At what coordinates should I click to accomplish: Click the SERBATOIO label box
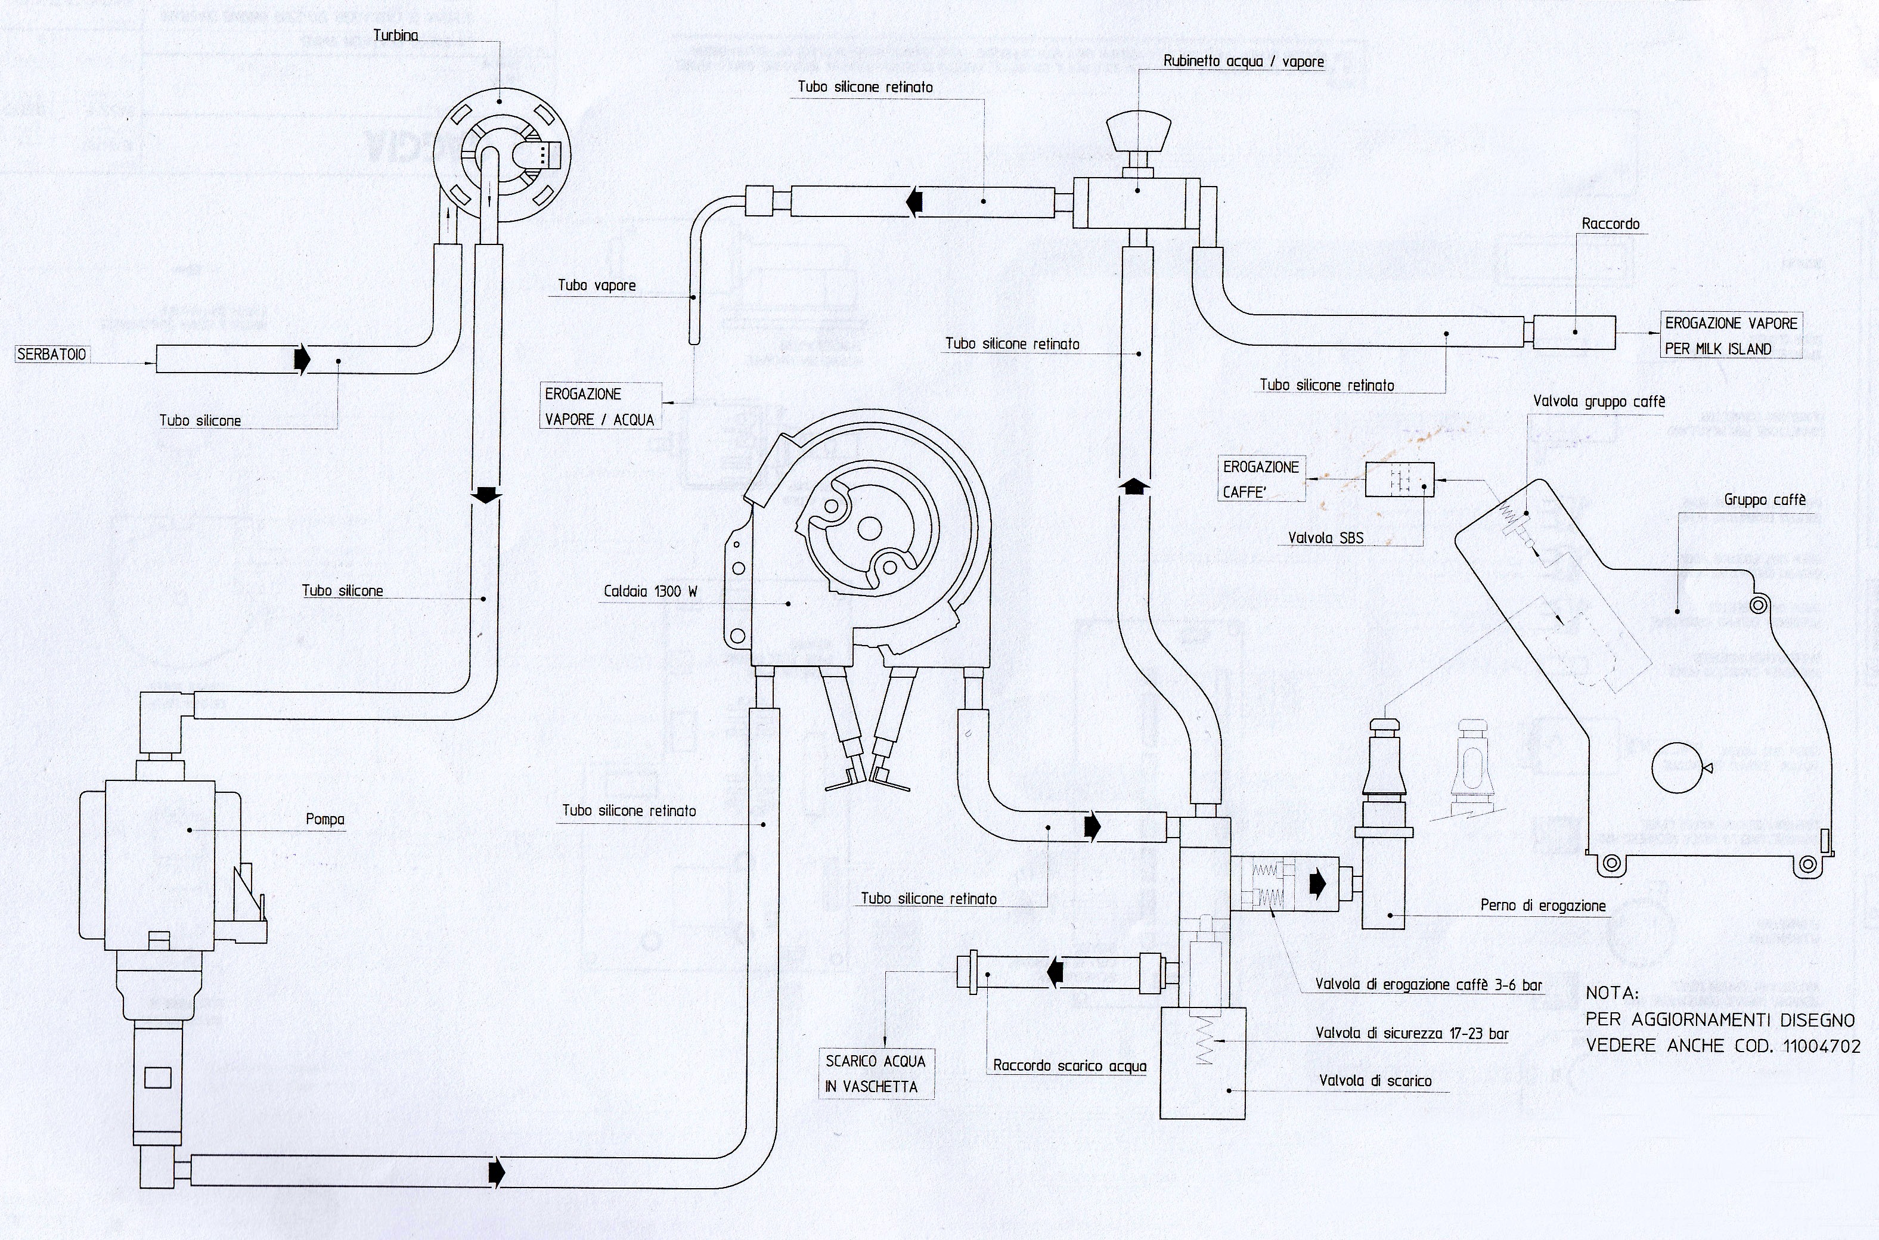[x=51, y=354]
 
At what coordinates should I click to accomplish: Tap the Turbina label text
[x=395, y=36]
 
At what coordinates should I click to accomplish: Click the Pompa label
[x=325, y=819]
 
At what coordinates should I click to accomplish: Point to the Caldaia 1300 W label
[x=650, y=591]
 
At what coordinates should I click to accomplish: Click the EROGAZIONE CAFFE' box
[x=1261, y=479]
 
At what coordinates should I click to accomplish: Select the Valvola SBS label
[x=1325, y=538]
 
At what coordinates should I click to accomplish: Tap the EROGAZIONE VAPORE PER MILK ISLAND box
[x=1731, y=335]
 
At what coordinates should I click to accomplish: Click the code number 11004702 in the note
[x=1821, y=1046]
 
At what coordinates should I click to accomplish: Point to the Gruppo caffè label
[x=1765, y=500]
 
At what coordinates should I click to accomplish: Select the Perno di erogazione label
[x=1542, y=906]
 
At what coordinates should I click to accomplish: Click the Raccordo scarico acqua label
[x=1069, y=1065]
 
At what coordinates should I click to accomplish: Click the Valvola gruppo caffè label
[x=1598, y=402]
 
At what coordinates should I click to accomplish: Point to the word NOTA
[x=1613, y=993]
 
